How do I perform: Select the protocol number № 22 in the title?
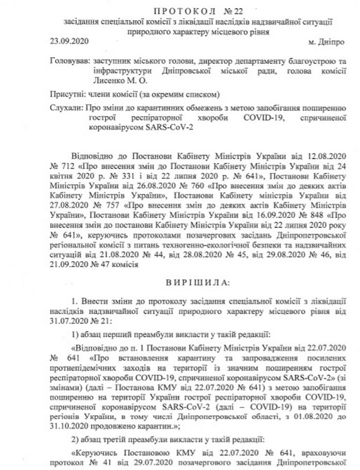231,11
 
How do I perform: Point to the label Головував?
69,61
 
